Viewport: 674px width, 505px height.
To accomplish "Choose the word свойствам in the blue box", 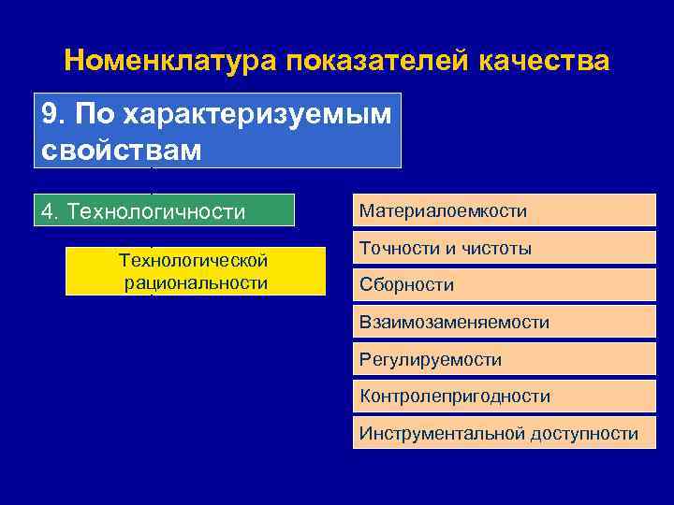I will coord(122,150).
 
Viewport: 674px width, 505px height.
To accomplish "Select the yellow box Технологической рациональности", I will coord(195,271).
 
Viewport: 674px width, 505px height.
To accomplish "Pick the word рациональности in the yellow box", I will coord(196,282).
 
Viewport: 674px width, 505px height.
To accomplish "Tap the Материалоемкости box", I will coord(504,211).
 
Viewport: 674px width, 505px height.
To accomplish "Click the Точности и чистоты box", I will coord(504,249).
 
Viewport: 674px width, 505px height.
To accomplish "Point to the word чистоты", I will coord(498,249).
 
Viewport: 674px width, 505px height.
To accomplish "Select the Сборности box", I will coord(504,285).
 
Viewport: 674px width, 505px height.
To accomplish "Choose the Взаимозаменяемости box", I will coord(504,323).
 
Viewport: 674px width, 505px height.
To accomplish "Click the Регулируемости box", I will coord(504,359).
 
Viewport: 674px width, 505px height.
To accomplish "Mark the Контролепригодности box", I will coord(504,397).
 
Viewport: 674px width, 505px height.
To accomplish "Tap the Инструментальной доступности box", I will coord(504,433).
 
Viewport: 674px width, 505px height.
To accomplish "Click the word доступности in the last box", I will coord(585,433).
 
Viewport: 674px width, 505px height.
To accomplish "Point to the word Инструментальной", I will coord(443,433).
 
